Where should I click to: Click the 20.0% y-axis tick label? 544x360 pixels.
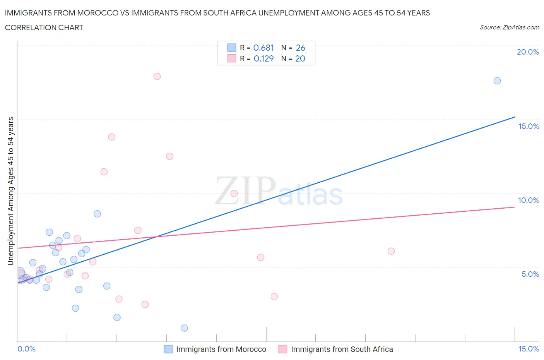528,52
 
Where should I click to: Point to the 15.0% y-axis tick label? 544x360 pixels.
529,126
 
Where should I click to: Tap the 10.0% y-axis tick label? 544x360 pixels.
529,200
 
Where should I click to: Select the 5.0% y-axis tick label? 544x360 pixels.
530,274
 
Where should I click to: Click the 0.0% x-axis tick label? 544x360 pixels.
27,349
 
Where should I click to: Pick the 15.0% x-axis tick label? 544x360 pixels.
529,349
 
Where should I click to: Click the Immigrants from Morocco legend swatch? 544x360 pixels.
168,349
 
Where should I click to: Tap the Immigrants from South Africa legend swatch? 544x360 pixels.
283,349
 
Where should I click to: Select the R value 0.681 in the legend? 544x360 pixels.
263,48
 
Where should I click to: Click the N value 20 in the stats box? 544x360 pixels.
300,58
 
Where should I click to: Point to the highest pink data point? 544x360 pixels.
157,76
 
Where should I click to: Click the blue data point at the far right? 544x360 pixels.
497,81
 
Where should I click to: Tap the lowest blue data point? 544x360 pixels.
184,328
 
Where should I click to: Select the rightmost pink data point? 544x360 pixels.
391,251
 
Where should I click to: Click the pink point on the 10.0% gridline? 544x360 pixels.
234,194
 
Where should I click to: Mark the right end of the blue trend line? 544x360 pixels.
515,117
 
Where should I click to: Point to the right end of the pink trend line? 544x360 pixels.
515,207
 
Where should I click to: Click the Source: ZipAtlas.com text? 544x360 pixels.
509,27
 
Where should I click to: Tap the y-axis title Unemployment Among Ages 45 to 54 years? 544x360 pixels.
10,191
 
